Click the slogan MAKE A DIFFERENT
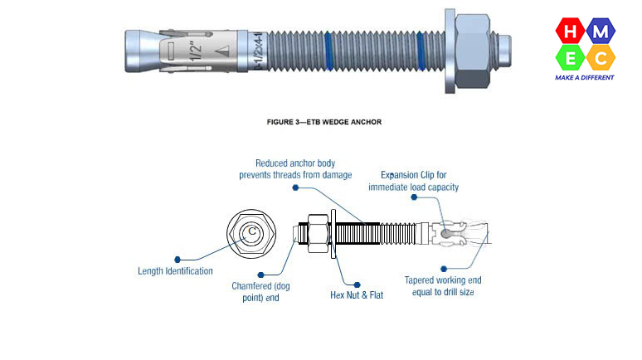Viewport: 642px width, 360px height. coord(585,77)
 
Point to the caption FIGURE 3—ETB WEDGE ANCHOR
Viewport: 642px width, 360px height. coord(324,122)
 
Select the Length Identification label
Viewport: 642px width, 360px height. coord(175,270)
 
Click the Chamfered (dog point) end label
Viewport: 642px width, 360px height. coord(255,291)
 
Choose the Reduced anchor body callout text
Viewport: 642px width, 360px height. coord(295,169)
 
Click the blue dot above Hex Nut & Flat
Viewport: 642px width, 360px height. coord(357,283)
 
